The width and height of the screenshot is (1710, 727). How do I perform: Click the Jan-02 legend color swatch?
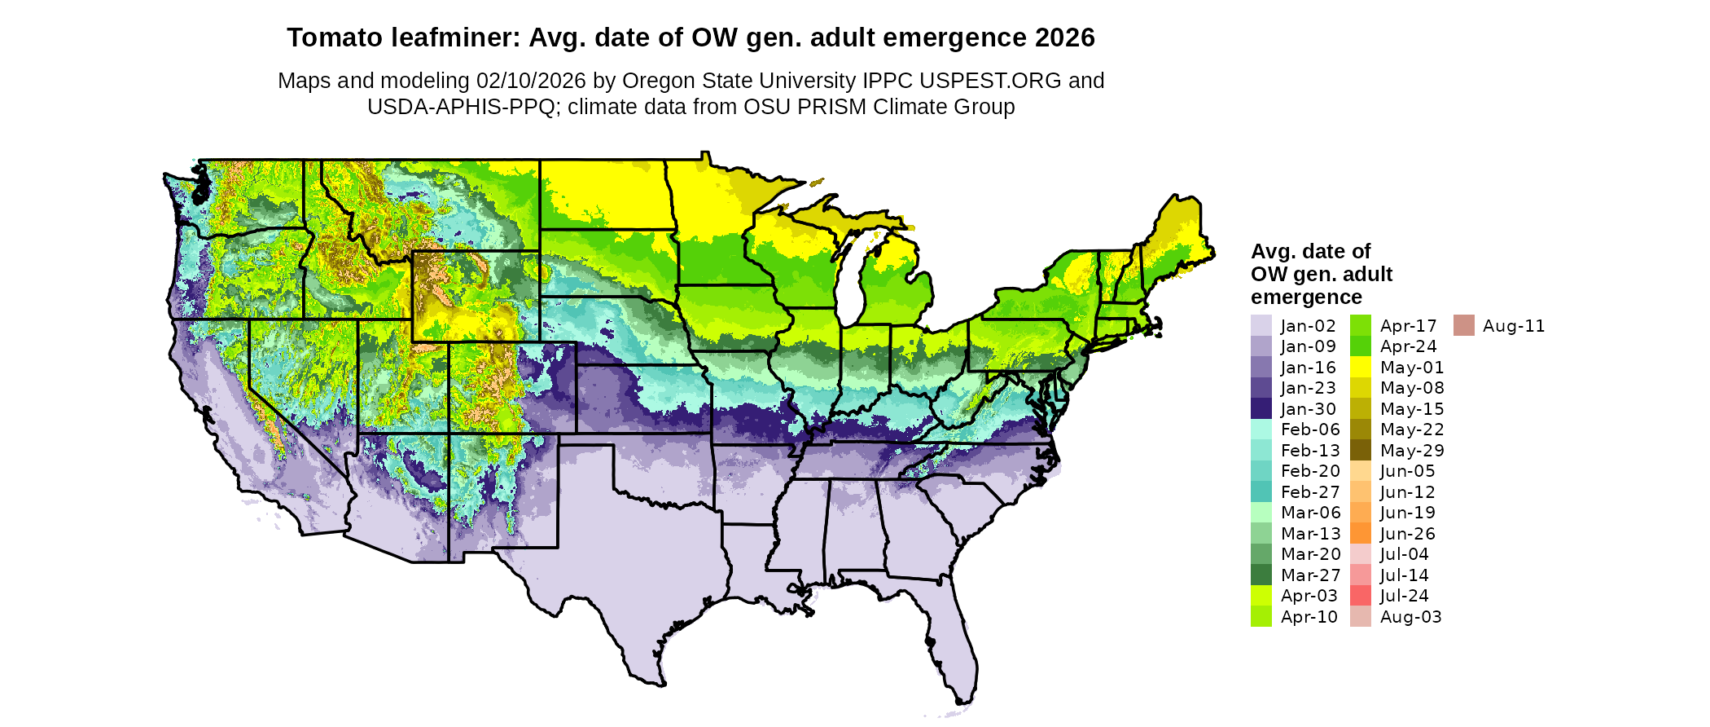click(x=1261, y=325)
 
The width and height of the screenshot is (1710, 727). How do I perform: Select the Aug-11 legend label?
click(x=1513, y=326)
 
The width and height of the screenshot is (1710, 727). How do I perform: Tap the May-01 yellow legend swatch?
click(x=1360, y=367)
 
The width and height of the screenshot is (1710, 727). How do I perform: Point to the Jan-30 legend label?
click(x=1308, y=409)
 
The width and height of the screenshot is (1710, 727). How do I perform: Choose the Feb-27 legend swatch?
click(x=1261, y=491)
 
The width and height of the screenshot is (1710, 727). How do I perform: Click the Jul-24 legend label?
click(x=1404, y=596)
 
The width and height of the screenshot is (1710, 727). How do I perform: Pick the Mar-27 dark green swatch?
click(x=1261, y=575)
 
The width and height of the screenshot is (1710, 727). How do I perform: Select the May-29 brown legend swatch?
click(x=1360, y=450)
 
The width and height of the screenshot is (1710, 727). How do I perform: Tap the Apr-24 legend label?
click(x=1408, y=346)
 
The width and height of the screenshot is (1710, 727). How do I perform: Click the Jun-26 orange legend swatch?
click(x=1360, y=533)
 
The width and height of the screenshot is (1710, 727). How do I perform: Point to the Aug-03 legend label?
click(x=1410, y=617)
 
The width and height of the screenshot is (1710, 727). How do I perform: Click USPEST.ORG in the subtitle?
click(x=990, y=81)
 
